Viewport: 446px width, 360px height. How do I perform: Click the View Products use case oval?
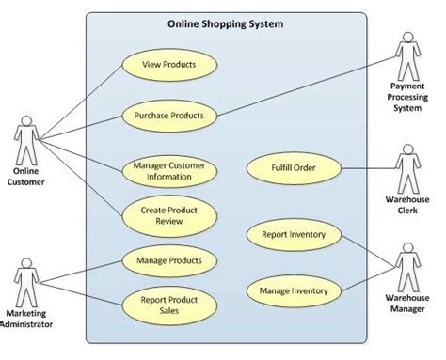pos(170,65)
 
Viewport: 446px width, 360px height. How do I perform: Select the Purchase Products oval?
pos(170,117)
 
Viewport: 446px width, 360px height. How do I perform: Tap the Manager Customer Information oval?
pos(170,170)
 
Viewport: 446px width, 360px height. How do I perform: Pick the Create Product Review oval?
pos(170,217)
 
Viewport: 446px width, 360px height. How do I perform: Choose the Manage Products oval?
pos(170,259)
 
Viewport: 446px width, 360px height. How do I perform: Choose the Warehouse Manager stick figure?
pos(407,266)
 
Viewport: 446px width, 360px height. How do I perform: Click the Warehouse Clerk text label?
pos(407,205)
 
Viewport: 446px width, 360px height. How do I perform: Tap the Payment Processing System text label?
pos(407,97)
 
